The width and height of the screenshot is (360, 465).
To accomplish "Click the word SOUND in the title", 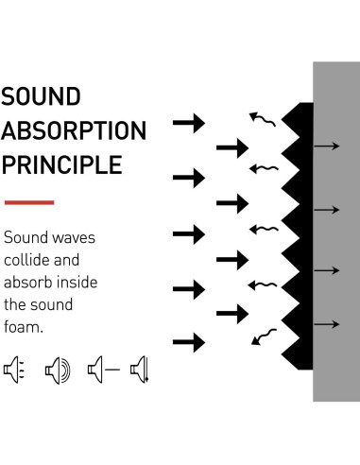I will coord(42,97).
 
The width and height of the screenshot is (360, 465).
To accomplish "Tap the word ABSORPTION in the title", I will coord(74,130).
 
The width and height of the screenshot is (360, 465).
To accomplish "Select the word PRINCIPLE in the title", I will coord(61,164).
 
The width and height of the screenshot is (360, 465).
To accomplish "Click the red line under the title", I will coord(28,201).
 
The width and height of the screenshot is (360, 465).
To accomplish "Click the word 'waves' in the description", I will coord(73,238).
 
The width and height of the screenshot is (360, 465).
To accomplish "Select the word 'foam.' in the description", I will coord(25,327).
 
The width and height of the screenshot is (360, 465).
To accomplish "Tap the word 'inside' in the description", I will coord(77,283).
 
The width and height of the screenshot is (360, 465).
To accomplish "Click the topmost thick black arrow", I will coord(189,122).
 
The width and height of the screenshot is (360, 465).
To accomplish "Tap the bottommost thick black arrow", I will coord(189,342).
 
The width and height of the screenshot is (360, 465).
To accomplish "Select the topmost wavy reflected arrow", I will coord(264,119).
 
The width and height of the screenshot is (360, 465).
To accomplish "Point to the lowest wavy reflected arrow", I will coord(264,335).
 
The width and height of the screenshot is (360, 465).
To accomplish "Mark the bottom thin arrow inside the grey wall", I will coord(326,325).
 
